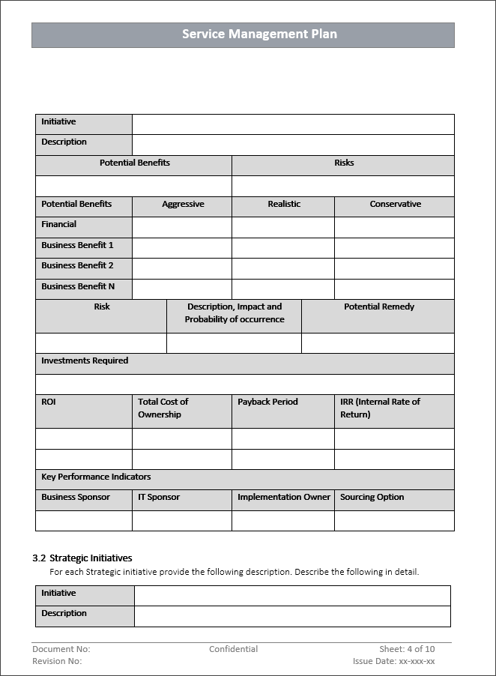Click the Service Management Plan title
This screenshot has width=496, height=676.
pyautogui.click(x=259, y=34)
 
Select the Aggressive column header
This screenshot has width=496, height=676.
pyautogui.click(x=183, y=205)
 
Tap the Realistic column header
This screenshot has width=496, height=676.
pyautogui.click(x=284, y=205)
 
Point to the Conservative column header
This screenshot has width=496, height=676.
pyautogui.click(x=395, y=205)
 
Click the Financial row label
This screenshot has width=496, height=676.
pyautogui.click(x=59, y=225)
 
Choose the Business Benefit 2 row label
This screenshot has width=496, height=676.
pyautogui.click(x=77, y=266)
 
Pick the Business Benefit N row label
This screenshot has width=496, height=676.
pyautogui.click(x=78, y=286)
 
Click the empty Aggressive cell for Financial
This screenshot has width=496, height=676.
pyautogui.click(x=182, y=227)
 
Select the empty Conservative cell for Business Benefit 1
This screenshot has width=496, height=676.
pyautogui.click(x=394, y=248)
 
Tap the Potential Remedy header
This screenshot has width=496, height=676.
pyautogui.click(x=378, y=307)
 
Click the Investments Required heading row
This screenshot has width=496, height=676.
pyautogui.click(x=85, y=361)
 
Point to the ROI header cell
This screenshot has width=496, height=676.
pyautogui.click(x=49, y=402)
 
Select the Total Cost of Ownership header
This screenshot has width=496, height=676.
pyautogui.click(x=163, y=408)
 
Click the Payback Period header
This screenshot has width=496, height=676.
pyautogui.click(x=267, y=402)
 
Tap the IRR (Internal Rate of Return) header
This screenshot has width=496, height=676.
pyautogui.click(x=380, y=408)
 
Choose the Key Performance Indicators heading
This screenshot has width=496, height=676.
pyautogui.click(x=96, y=477)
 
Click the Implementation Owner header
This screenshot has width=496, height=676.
pyautogui.click(x=283, y=498)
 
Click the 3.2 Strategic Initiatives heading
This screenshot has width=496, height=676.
pyautogui.click(x=82, y=558)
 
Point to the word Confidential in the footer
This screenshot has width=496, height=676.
pyautogui.click(x=233, y=650)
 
